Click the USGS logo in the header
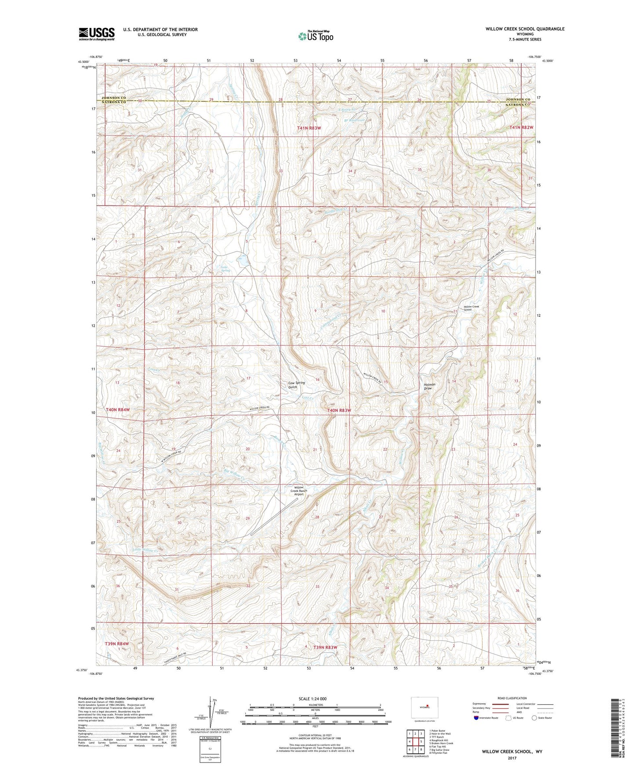97,34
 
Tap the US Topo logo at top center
316,36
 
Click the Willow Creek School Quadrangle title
525,29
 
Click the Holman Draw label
428,387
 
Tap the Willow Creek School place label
468,308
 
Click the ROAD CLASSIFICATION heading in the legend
512,698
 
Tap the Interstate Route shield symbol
476,718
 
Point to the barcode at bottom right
614,729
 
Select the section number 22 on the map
385,449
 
